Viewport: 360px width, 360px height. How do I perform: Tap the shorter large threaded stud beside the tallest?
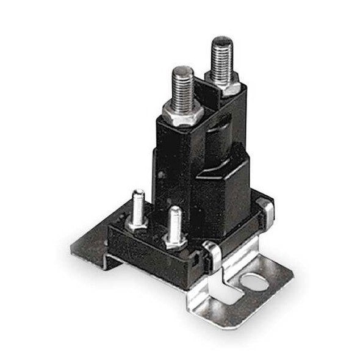(182, 88)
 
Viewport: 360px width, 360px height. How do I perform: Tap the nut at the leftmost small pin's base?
(137, 225)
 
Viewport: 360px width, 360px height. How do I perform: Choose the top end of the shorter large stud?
(182, 70)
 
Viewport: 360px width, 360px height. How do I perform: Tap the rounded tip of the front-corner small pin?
(176, 211)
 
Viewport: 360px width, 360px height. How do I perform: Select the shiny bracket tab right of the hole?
(278, 278)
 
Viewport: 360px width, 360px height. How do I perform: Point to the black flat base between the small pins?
(156, 235)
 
